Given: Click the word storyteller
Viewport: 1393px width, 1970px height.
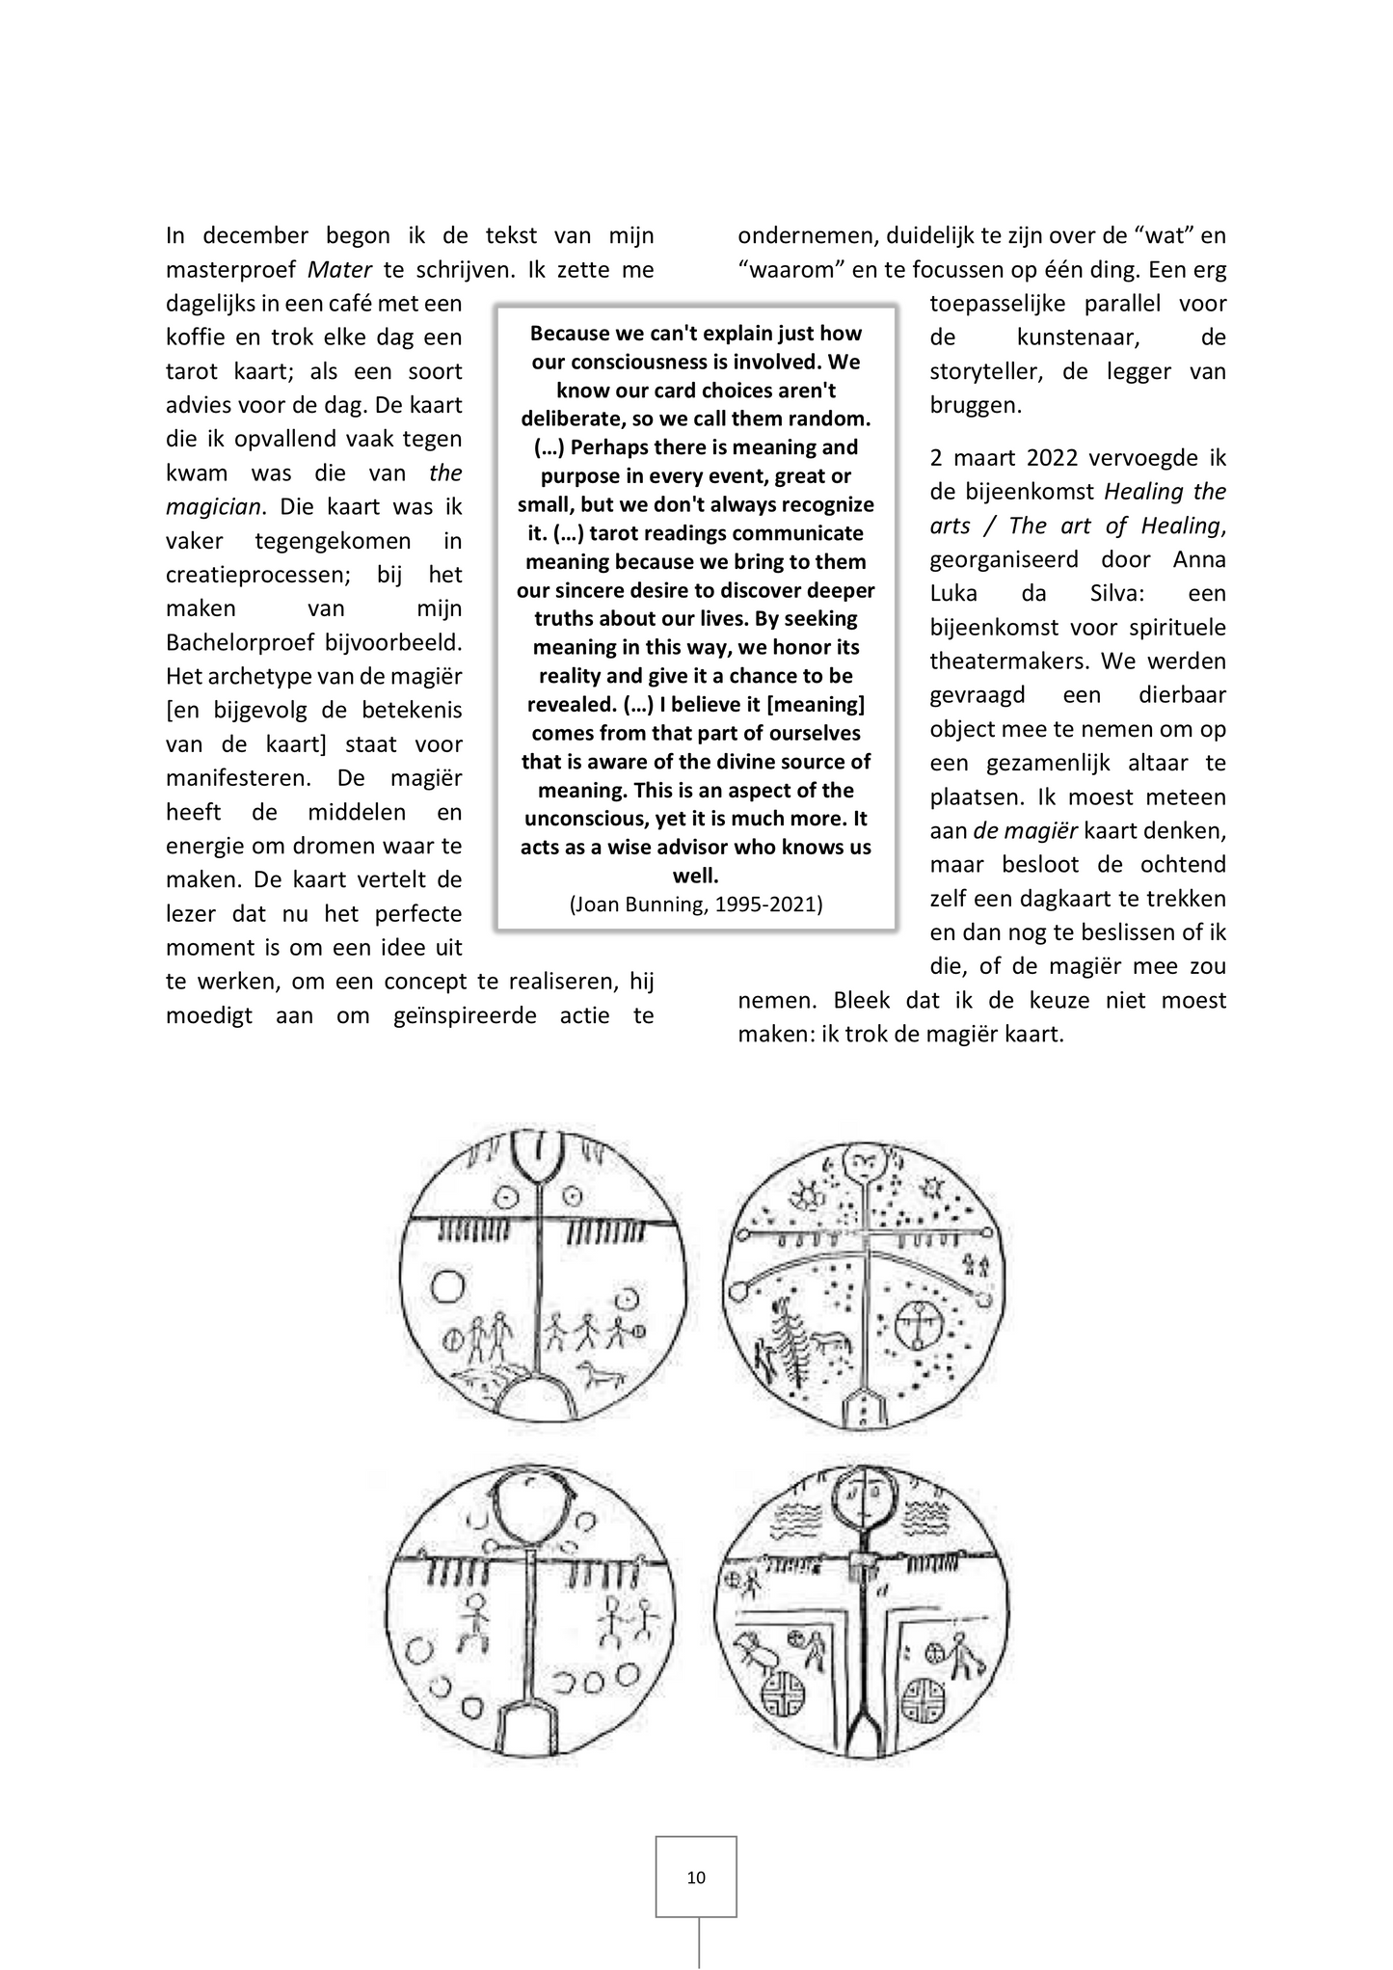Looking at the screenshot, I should pos(984,371).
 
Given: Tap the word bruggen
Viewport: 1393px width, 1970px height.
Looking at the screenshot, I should pos(976,405).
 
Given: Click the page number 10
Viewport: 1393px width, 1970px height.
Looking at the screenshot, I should pos(696,1876).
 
